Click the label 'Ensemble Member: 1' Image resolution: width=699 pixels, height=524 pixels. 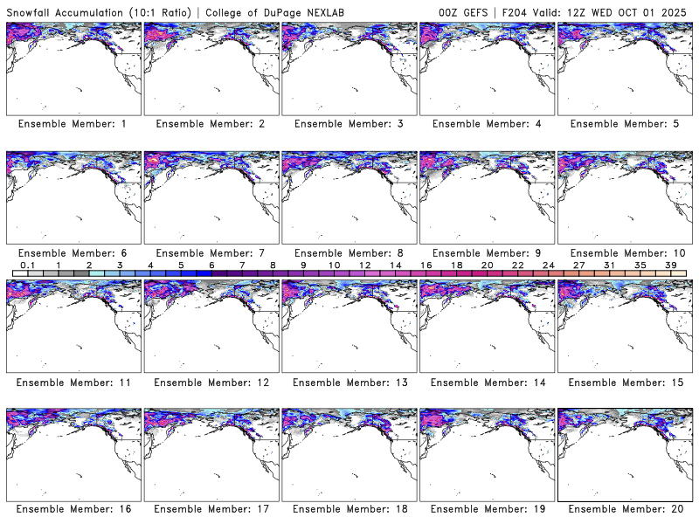point(72,124)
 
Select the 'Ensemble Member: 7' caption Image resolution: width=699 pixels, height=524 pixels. point(210,252)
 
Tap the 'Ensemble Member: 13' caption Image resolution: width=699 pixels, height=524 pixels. point(348,381)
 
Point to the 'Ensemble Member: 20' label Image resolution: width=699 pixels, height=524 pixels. point(624,509)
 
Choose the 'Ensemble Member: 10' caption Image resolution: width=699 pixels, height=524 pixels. point(624,252)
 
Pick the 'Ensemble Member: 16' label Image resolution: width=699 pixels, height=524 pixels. point(72,509)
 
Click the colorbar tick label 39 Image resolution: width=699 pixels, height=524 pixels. point(671,264)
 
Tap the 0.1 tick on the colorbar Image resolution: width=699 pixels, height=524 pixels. point(27,264)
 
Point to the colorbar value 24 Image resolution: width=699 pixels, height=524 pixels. point(548,264)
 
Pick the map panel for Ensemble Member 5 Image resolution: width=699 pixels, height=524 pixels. point(624,67)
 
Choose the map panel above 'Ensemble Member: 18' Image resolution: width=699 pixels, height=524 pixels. point(348,453)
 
